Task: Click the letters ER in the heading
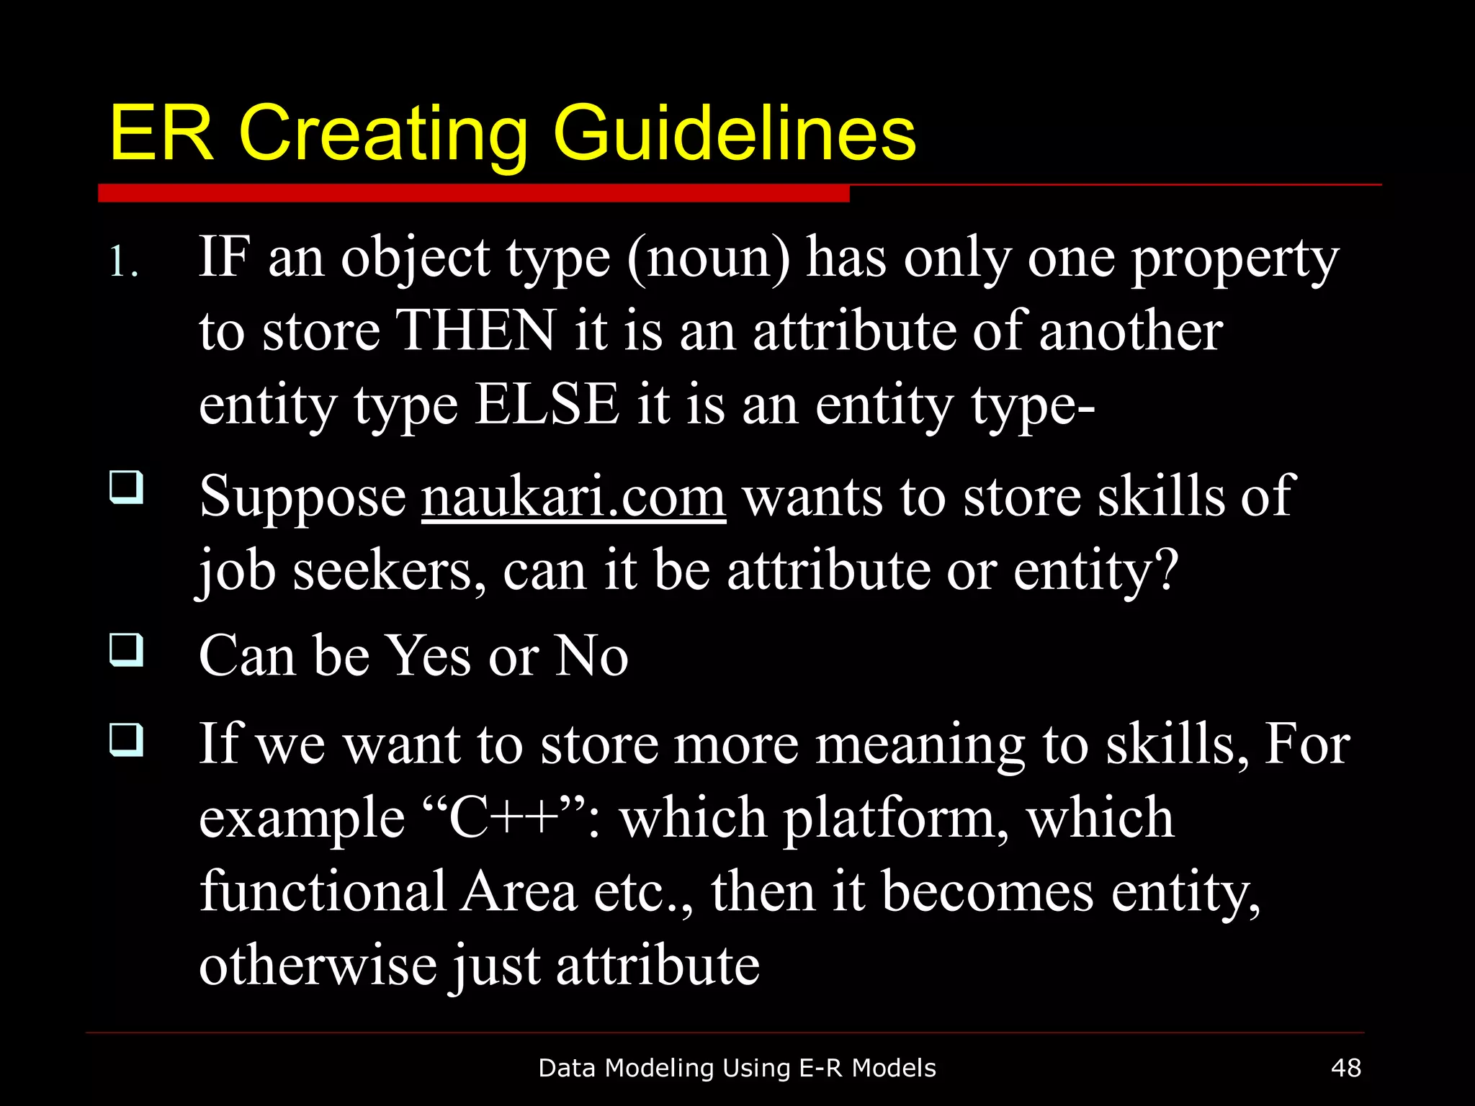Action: coord(162,133)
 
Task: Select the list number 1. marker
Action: coord(124,262)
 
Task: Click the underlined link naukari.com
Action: coord(573,497)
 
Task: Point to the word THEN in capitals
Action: coord(476,331)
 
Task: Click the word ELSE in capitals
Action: coord(547,405)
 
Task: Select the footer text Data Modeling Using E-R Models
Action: coord(737,1068)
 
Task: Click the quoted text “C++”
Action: coord(502,818)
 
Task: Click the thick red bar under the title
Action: coord(473,193)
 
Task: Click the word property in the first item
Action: coord(1234,259)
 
